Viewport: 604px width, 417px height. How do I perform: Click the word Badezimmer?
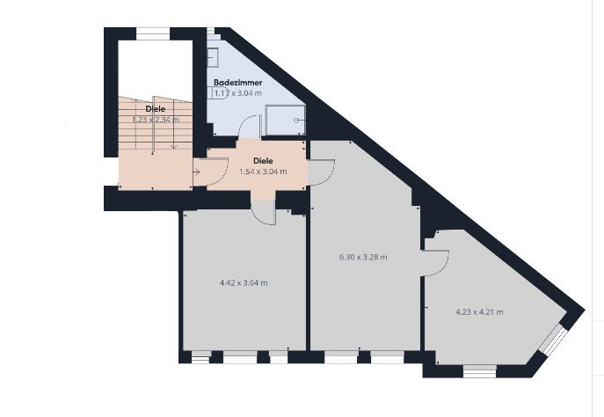(237, 82)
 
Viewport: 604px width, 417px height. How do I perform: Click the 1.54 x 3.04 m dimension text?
(262, 172)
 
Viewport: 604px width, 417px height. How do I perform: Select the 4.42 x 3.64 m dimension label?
(244, 283)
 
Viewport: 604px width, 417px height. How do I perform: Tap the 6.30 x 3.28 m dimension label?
(363, 258)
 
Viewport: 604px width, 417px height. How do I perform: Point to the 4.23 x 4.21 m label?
(479, 311)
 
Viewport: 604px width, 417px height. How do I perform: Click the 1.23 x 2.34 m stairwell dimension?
(156, 120)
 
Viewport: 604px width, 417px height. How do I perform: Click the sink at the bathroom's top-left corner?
(214, 56)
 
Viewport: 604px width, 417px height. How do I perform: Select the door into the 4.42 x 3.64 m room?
(263, 211)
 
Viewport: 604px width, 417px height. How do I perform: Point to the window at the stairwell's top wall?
(152, 33)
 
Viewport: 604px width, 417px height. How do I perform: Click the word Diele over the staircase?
(155, 109)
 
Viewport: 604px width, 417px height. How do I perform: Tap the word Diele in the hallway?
(262, 161)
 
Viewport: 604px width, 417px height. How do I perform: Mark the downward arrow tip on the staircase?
(174, 145)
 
